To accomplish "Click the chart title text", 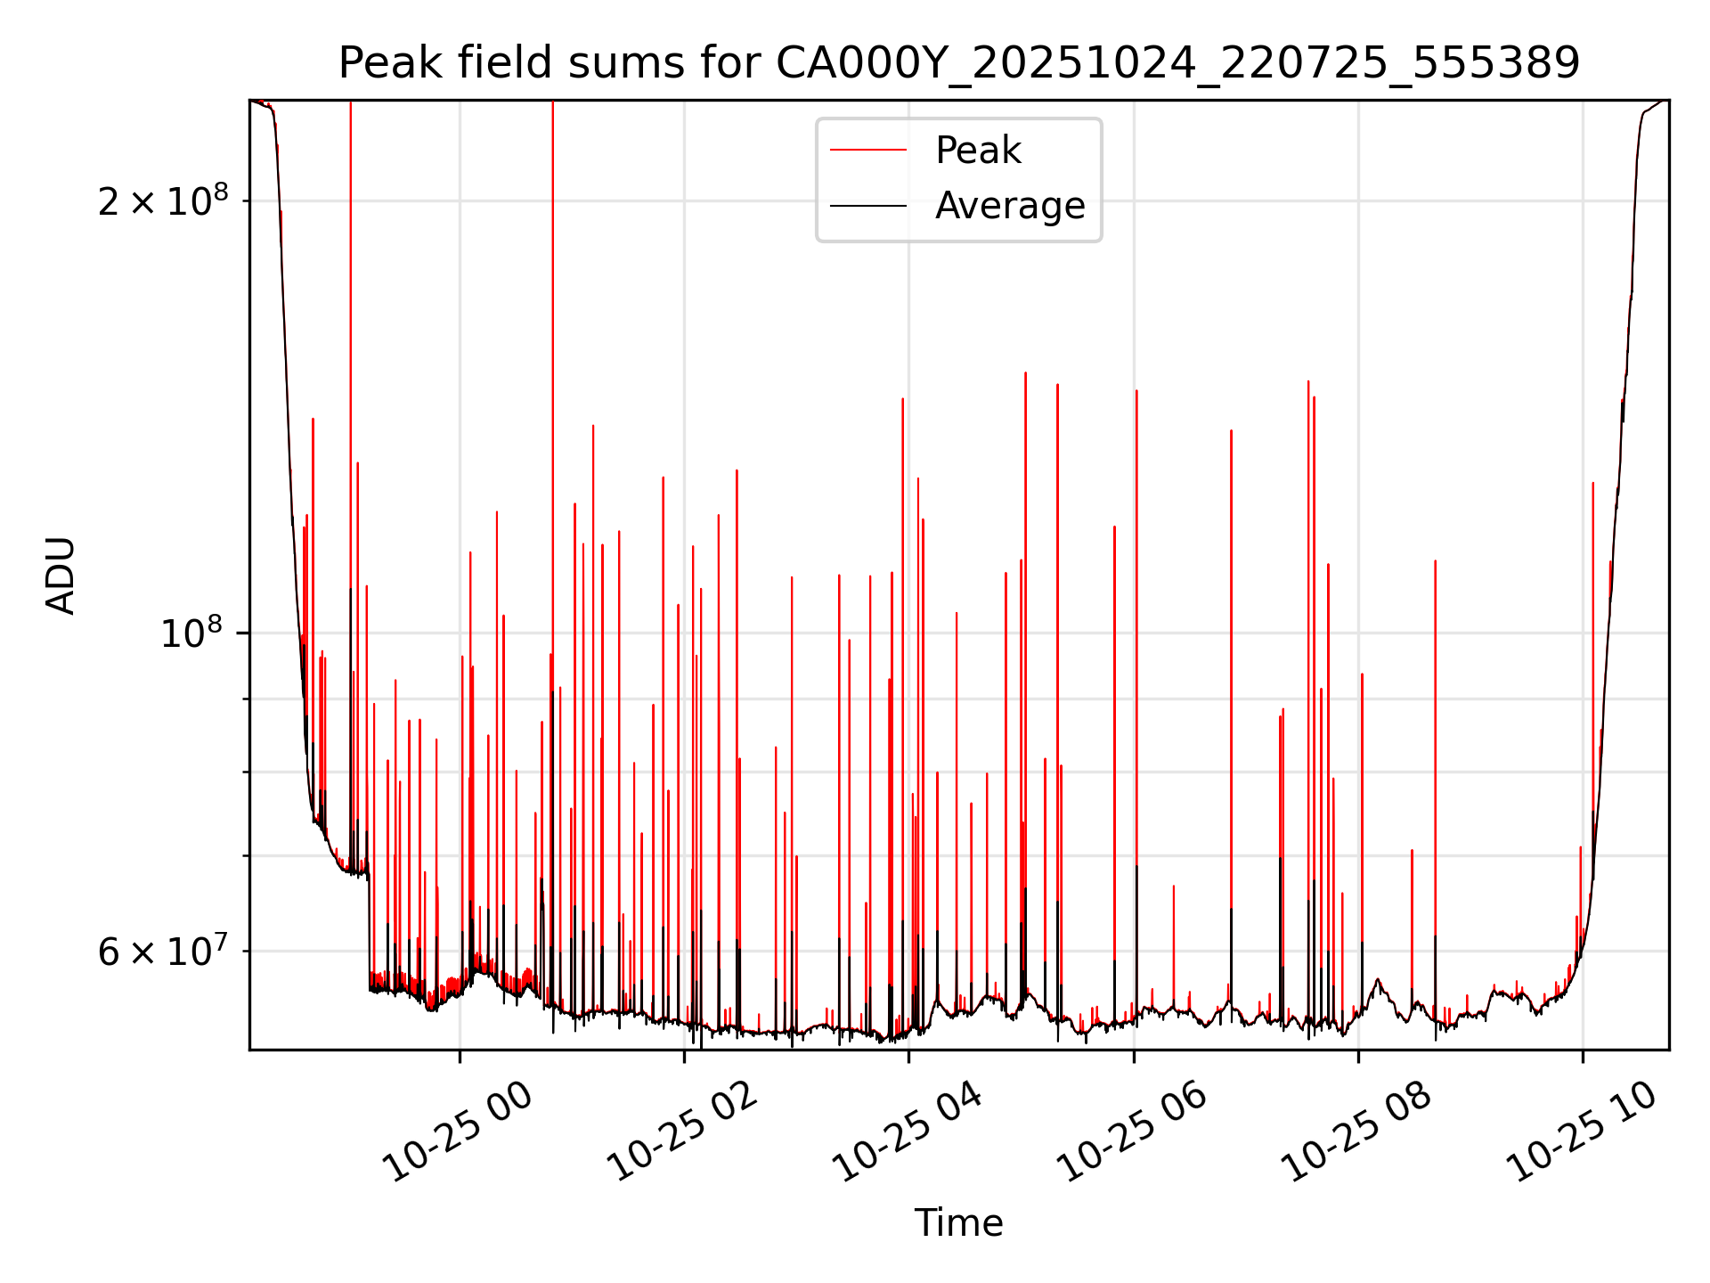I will [958, 63].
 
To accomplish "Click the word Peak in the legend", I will [978, 151].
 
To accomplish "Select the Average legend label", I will [1010, 206].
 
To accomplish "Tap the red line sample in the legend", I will [868, 151].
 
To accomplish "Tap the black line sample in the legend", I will [868, 206].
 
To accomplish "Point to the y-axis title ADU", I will [61, 576].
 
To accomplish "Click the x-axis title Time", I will [958, 1223].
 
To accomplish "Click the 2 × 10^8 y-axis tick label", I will [162, 202].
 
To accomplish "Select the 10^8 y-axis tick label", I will [191, 633].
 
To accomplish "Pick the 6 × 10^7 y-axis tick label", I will [162, 952].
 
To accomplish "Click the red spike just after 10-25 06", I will [1136, 624].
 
